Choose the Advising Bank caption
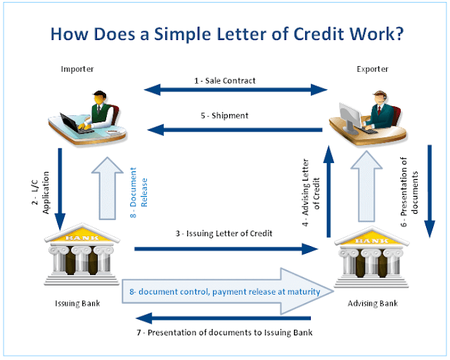tap(373, 304)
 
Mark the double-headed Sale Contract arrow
tap(236, 90)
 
